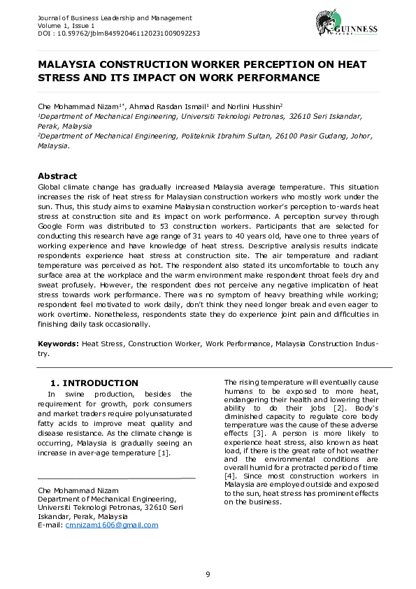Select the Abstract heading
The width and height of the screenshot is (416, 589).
coord(57,176)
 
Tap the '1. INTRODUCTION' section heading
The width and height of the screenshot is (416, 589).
coord(95,383)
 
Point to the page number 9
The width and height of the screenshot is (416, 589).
coord(208,574)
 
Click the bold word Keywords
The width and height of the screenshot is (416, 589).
coord(58,345)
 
